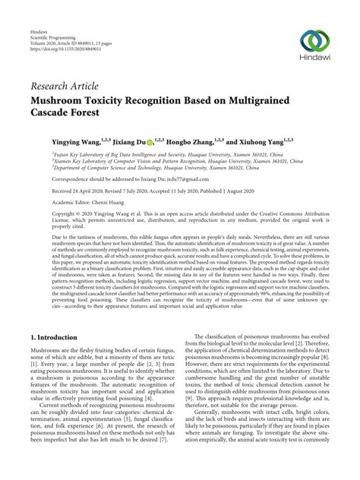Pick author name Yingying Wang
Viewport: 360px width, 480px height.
(56, 141)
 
